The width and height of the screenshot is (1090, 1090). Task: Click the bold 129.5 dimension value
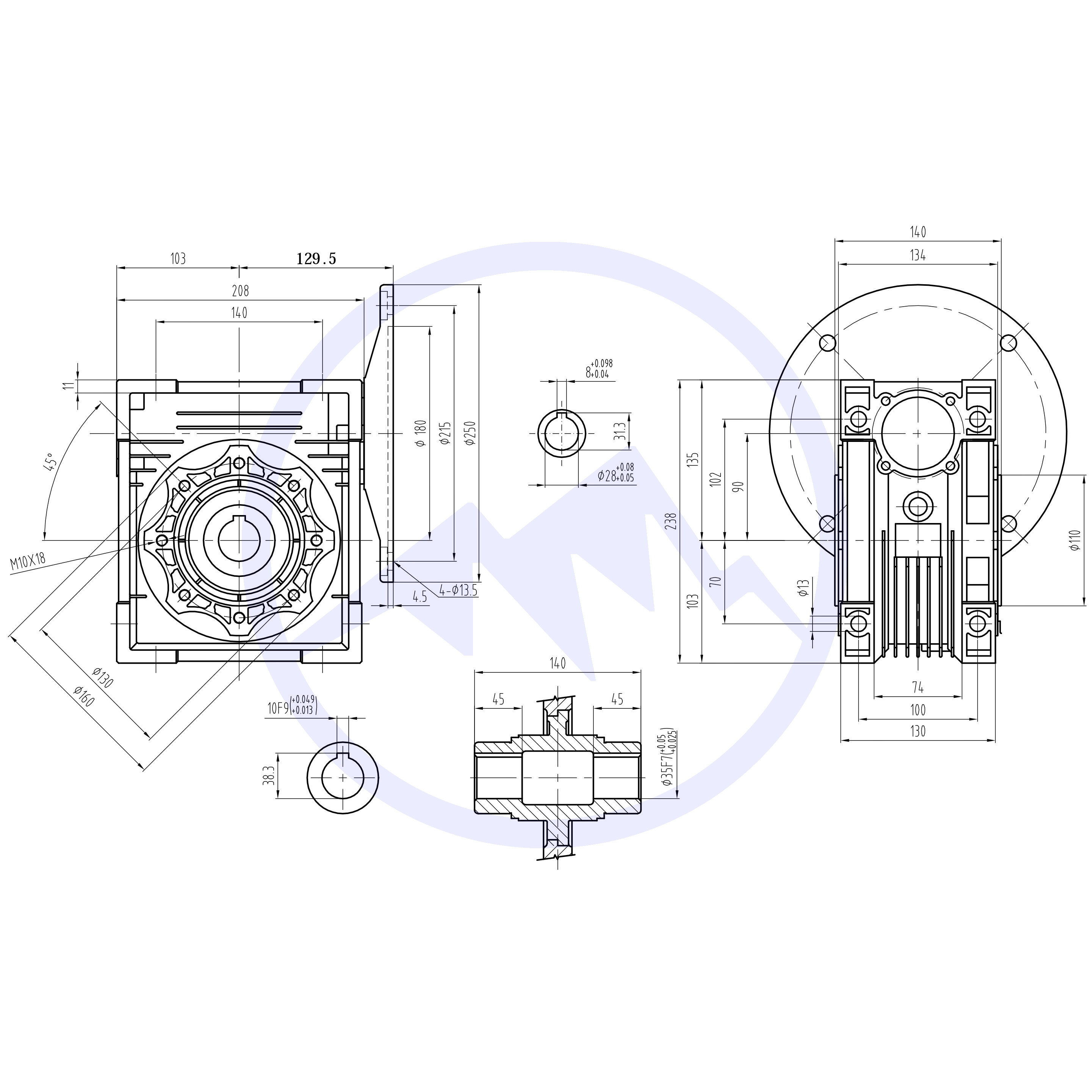point(316,259)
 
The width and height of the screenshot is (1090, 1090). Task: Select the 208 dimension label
point(240,291)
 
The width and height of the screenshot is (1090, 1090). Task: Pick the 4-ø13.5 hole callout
point(459,591)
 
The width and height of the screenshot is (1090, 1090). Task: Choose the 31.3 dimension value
point(620,432)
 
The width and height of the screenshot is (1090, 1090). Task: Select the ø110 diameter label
point(1074,539)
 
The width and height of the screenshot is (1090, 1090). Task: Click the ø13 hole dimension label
point(804,588)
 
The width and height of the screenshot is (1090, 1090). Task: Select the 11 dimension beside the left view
point(68,385)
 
